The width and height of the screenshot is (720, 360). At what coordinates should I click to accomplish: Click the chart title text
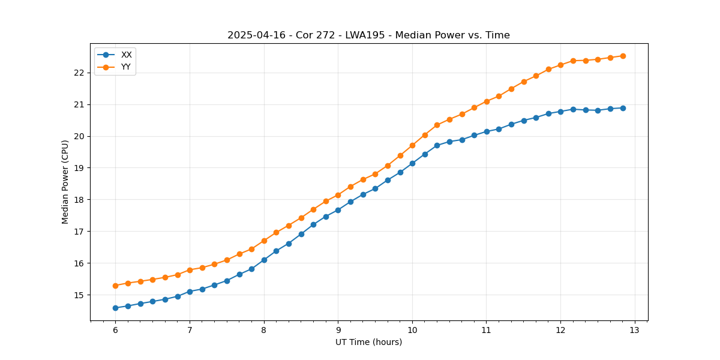tap(368, 35)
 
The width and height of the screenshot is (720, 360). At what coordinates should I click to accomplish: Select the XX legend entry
tap(126, 55)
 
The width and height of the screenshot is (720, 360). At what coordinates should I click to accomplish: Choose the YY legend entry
tap(126, 67)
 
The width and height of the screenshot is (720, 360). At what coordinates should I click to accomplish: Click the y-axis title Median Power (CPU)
tap(65, 182)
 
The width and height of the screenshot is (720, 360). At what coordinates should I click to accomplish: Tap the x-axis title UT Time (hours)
tap(368, 342)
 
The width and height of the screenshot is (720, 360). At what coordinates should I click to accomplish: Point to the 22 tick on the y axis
tap(80, 73)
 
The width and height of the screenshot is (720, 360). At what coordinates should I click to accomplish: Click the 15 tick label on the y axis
tap(80, 295)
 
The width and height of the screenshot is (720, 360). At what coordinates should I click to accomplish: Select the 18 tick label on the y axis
tap(80, 200)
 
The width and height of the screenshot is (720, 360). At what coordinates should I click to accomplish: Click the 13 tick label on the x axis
tap(635, 330)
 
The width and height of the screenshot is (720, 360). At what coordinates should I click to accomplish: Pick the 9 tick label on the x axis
tap(338, 330)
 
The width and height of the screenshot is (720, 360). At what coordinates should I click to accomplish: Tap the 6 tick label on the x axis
tap(115, 330)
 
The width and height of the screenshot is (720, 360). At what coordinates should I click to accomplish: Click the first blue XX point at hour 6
tap(115, 308)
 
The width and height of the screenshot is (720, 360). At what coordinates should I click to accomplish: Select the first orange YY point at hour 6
tap(115, 286)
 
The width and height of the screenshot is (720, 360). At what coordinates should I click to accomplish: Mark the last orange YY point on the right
tap(623, 56)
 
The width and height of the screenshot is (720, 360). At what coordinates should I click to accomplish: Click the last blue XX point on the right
tap(623, 108)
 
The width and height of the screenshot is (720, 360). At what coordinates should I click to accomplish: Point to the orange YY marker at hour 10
tap(412, 145)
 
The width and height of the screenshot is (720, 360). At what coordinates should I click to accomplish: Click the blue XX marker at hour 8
tap(264, 260)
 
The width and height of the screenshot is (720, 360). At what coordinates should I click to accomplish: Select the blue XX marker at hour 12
tap(560, 112)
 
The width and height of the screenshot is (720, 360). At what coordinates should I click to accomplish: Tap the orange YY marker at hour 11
tap(487, 101)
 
